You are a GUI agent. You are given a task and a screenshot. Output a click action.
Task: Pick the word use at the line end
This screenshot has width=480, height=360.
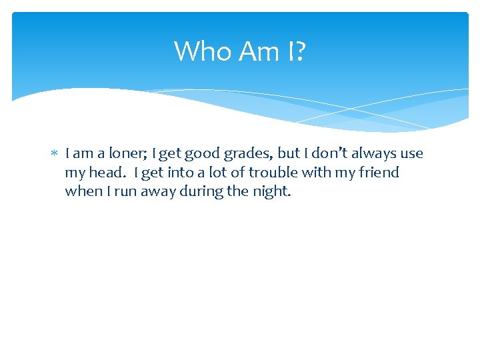pos(411,154)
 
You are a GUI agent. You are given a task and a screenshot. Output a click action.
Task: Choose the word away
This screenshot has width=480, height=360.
pos(155,191)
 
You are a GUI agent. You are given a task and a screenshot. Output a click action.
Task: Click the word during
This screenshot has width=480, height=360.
pos(204,191)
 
